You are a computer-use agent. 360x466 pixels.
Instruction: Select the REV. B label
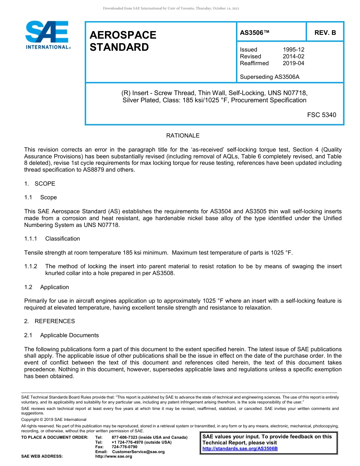click(x=325, y=33)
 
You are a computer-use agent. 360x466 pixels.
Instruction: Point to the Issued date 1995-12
click(x=293, y=50)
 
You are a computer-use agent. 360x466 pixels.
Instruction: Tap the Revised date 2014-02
click(x=293, y=56)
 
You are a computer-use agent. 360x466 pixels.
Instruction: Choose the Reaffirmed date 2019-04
click(x=293, y=63)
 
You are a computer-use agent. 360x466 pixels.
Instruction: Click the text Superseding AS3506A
click(x=269, y=77)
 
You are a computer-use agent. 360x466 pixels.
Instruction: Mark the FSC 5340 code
click(x=321, y=115)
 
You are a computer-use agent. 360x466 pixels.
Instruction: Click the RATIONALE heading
click(x=183, y=136)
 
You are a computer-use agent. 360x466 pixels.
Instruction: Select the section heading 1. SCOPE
click(x=40, y=184)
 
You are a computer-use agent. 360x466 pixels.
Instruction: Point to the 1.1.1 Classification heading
click(x=52, y=239)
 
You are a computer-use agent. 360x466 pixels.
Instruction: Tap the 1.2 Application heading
click(x=47, y=287)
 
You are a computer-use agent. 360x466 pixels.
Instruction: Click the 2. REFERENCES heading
click(x=49, y=321)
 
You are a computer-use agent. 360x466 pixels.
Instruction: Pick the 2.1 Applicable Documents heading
click(x=61, y=335)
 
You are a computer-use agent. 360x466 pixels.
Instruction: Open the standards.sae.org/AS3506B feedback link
click(x=240, y=449)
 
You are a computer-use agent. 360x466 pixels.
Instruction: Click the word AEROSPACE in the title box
click(x=123, y=35)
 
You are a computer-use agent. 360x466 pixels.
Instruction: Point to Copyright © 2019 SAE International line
click(x=54, y=419)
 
